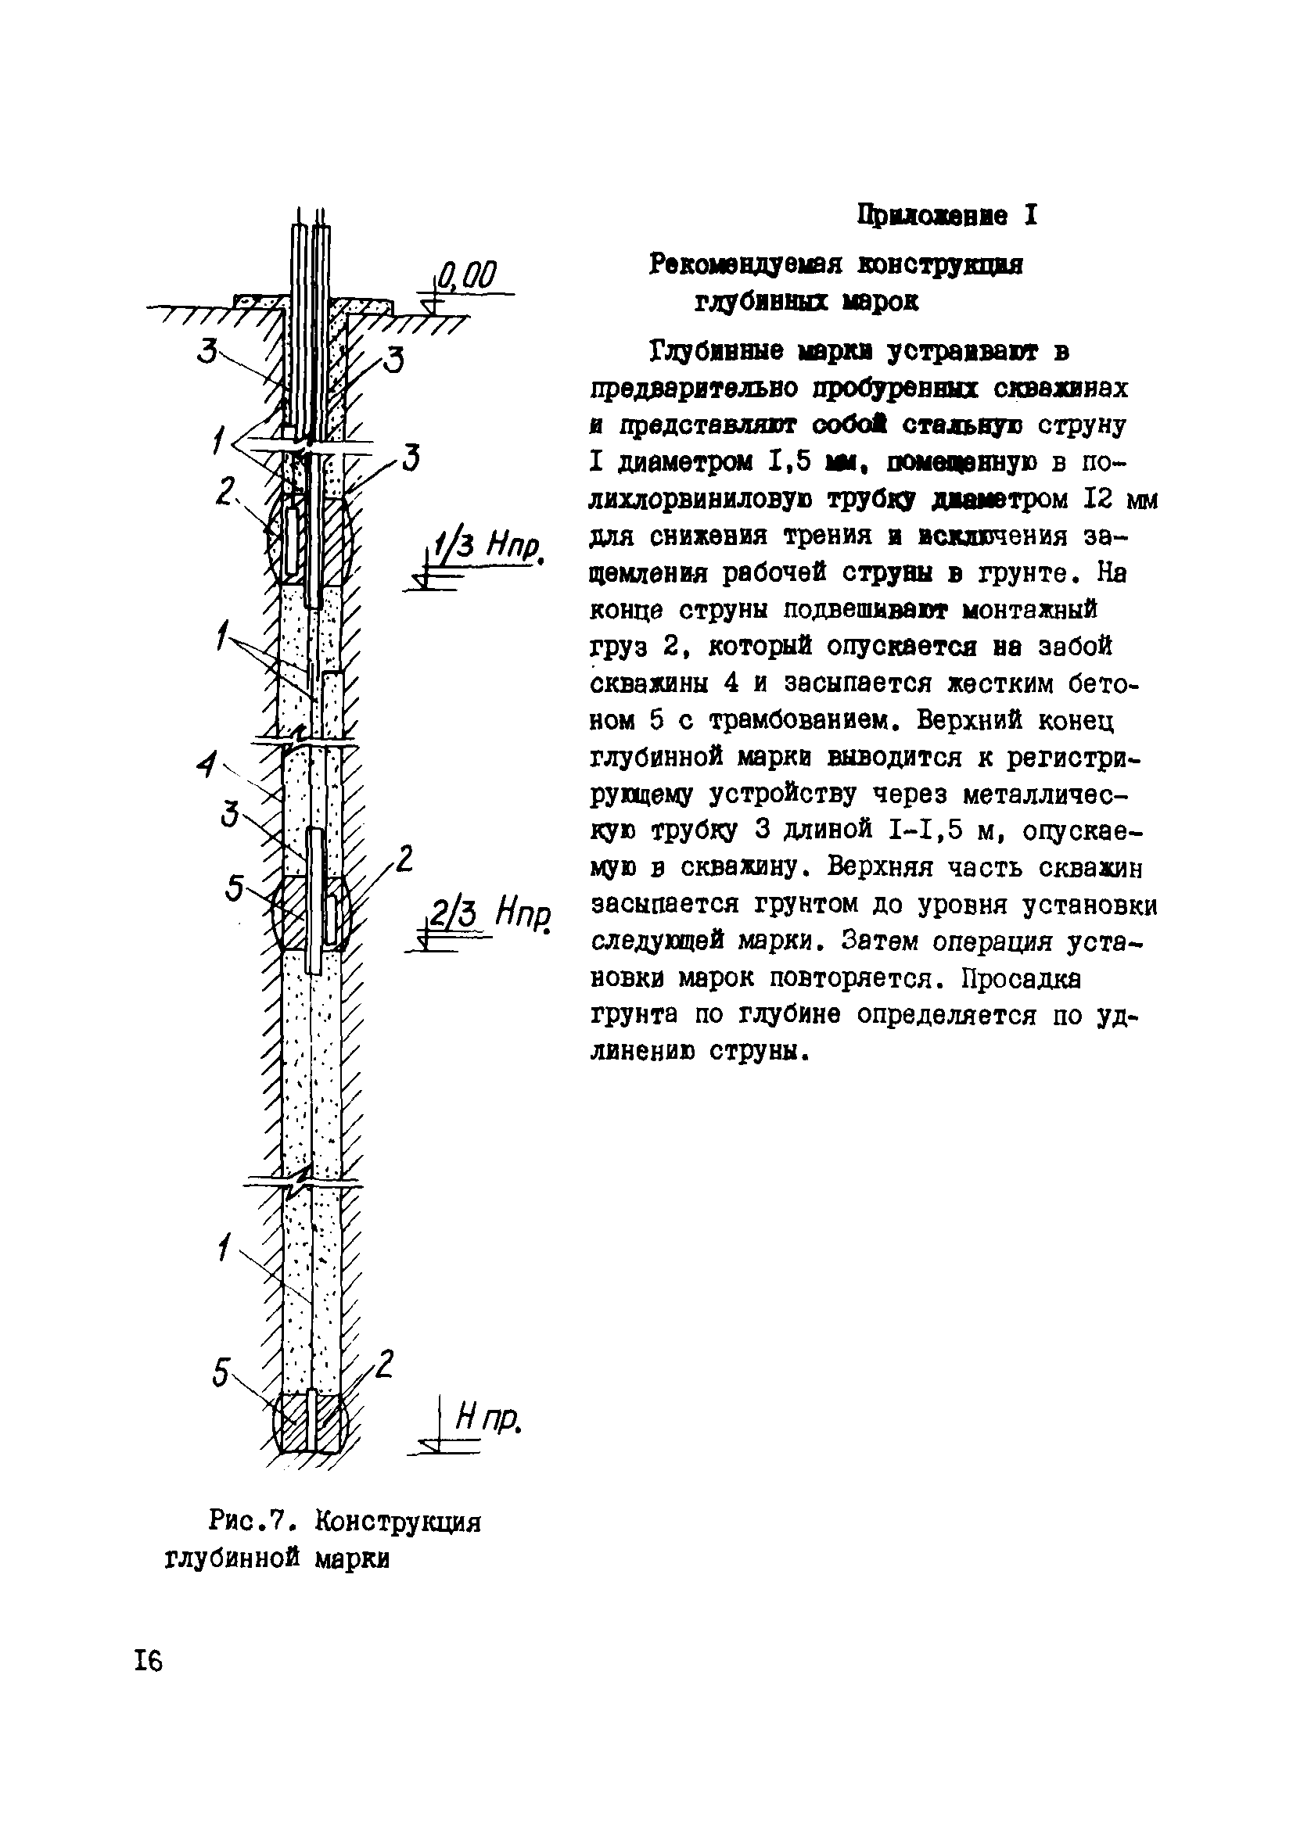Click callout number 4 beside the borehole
tap(208, 764)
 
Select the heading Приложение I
tap(947, 217)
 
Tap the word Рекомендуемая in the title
tap(745, 264)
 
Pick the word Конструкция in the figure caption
tap(398, 1522)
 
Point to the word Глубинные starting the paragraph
tap(714, 353)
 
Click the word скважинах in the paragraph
tap(1061, 389)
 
